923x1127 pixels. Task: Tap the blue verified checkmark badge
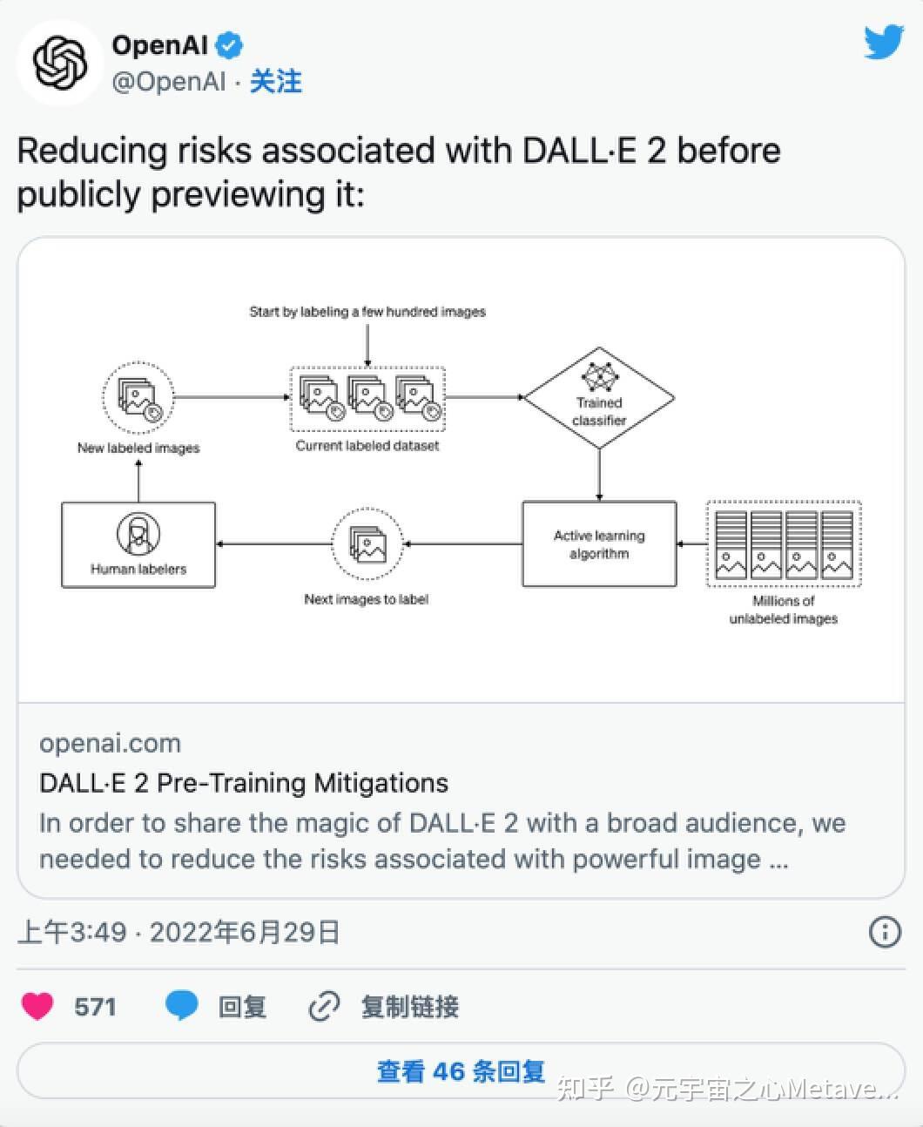230,44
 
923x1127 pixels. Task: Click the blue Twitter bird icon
884,42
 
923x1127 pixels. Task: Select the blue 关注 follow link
275,82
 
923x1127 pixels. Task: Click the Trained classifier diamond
599,398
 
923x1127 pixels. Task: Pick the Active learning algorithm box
599,544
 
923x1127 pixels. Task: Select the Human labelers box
138,544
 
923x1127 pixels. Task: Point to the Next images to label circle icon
367,544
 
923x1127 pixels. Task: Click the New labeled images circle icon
138,397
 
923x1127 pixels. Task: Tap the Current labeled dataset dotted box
367,398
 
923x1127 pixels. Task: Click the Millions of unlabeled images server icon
783,544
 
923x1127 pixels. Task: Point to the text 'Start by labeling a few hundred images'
367,312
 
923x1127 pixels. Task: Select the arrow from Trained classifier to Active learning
599,476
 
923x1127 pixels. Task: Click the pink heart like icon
37,1007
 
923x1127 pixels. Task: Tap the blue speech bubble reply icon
181,1007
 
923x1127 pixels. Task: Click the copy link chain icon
324,1007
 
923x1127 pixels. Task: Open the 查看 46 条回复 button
461,1071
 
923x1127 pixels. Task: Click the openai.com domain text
111,744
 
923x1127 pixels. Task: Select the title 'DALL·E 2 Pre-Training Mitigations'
244,783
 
